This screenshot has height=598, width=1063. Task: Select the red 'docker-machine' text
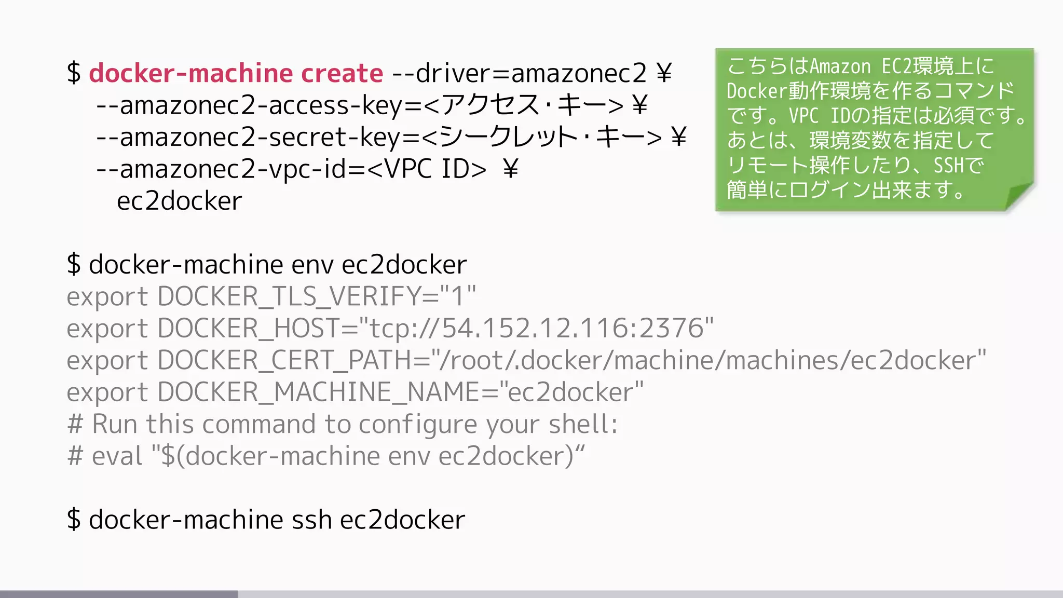190,73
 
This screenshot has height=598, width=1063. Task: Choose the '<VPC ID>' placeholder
427,169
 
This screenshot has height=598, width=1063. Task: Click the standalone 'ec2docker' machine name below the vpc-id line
179,201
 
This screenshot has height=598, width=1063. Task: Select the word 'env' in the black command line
312,265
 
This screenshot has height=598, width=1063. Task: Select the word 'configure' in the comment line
417,425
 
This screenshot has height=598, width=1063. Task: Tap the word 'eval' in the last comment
117,457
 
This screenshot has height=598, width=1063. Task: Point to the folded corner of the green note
1019,196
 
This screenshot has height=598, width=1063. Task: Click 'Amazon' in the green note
840,66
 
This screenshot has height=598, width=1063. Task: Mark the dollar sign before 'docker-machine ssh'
74,520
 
